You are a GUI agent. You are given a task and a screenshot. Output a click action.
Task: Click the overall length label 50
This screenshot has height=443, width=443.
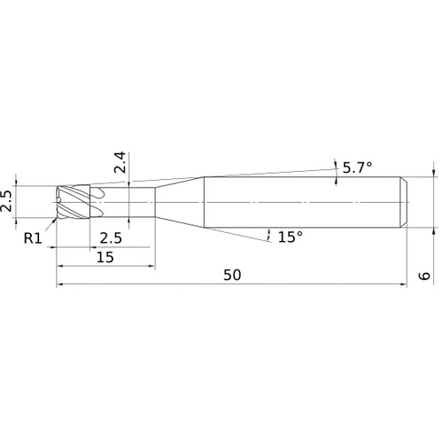click(x=232, y=276)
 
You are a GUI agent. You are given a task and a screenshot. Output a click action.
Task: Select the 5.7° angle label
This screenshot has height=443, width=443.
click(x=358, y=166)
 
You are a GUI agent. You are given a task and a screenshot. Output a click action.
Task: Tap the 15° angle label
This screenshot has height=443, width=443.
click(x=290, y=237)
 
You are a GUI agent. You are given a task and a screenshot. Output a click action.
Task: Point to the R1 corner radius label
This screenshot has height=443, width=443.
click(x=32, y=237)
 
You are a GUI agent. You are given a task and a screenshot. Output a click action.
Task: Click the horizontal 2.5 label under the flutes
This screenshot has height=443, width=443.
click(x=111, y=238)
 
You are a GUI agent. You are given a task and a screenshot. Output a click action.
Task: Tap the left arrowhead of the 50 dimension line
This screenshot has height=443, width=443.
click(x=60, y=285)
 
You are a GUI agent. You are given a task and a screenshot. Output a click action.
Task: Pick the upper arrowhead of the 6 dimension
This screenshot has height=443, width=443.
click(x=433, y=173)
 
